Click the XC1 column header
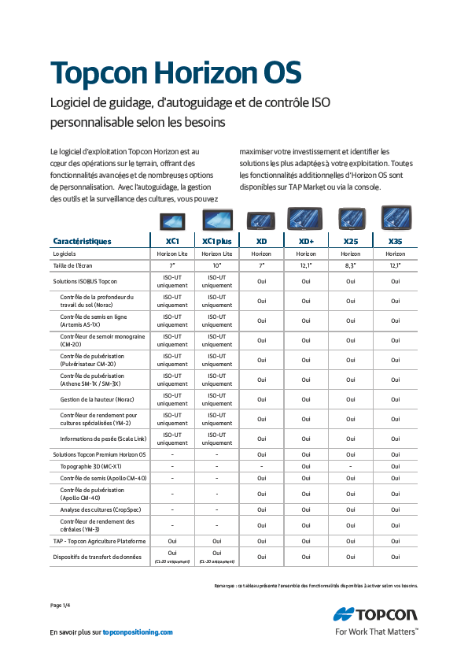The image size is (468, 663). click(x=172, y=241)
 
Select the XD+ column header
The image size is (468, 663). click(x=306, y=241)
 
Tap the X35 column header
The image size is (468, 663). click(x=396, y=241)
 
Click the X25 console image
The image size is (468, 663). click(x=351, y=218)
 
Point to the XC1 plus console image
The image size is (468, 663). click(x=216, y=220)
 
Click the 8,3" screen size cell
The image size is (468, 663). click(x=351, y=265)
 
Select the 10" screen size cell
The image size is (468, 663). click(x=216, y=265)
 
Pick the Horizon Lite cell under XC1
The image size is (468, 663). click(x=172, y=254)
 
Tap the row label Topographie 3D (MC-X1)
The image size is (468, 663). click(x=91, y=466)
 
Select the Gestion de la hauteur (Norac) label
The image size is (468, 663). click(x=97, y=399)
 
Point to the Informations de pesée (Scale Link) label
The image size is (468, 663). click(x=103, y=439)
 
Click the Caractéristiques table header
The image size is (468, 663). click(x=82, y=241)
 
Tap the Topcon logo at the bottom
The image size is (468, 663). click(x=376, y=614)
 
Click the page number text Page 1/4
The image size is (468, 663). click(x=61, y=605)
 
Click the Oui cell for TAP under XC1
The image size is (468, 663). click(x=172, y=541)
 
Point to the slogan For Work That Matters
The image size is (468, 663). click(x=376, y=632)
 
